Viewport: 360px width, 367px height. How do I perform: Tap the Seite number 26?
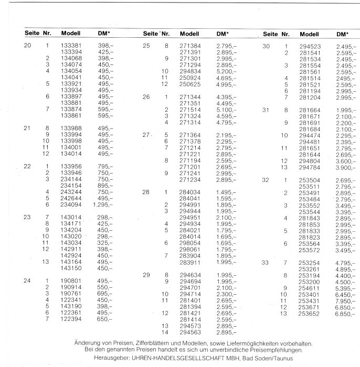point(146,97)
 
